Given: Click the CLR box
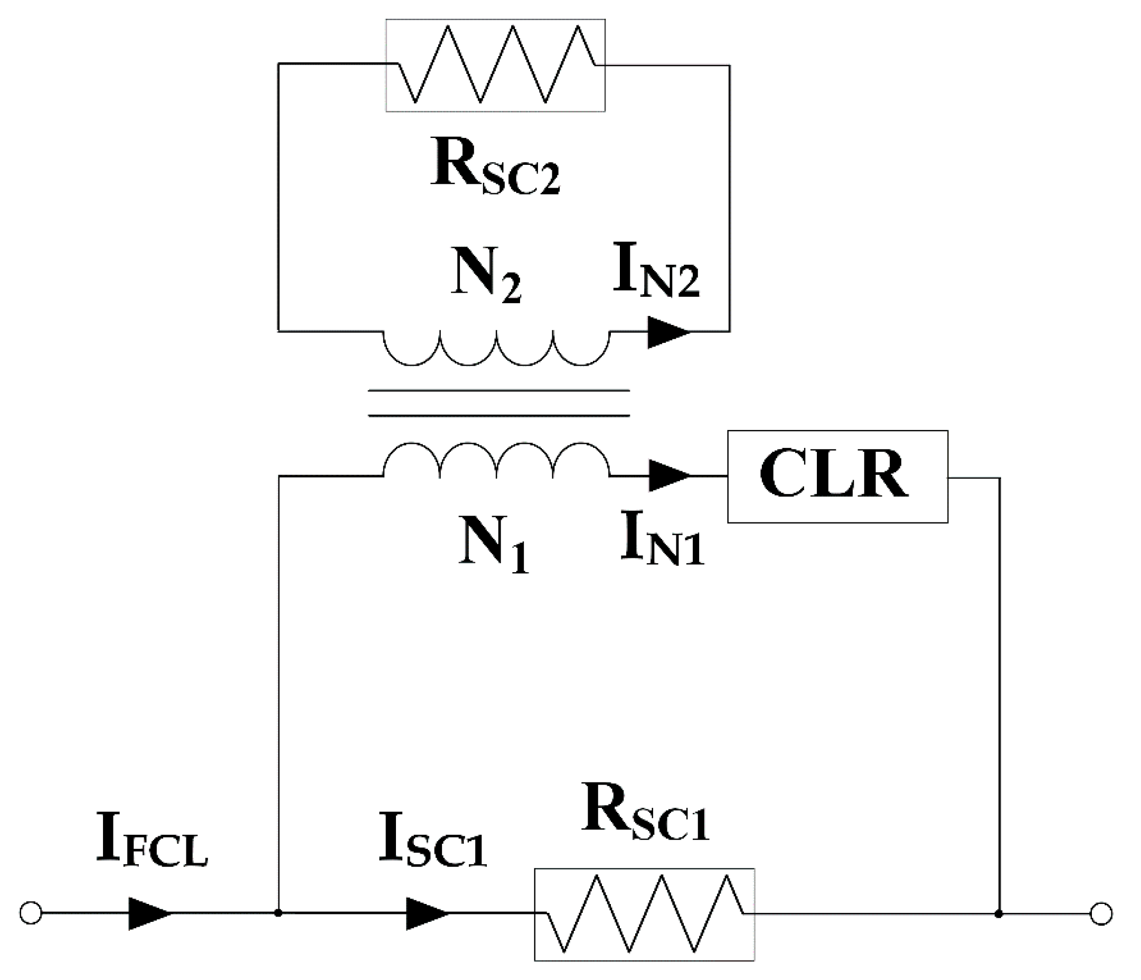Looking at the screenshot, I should pyautogui.click(x=837, y=477).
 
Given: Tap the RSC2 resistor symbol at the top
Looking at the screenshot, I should pyautogui.click(x=495, y=66).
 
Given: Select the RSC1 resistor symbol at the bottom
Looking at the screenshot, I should pyautogui.click(x=644, y=914).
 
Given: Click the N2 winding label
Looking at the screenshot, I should pyautogui.click(x=485, y=274).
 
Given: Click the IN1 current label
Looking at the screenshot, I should pyautogui.click(x=661, y=538).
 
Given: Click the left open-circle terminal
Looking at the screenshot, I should pyautogui.click(x=31, y=913).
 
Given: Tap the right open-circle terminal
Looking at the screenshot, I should pyautogui.click(x=1101, y=914).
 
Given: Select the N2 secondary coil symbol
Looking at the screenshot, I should pyautogui.click(x=496, y=347).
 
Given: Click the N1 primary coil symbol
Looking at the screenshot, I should pyautogui.click(x=496, y=460).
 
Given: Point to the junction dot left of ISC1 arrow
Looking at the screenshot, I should pyautogui.click(x=279, y=913).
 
